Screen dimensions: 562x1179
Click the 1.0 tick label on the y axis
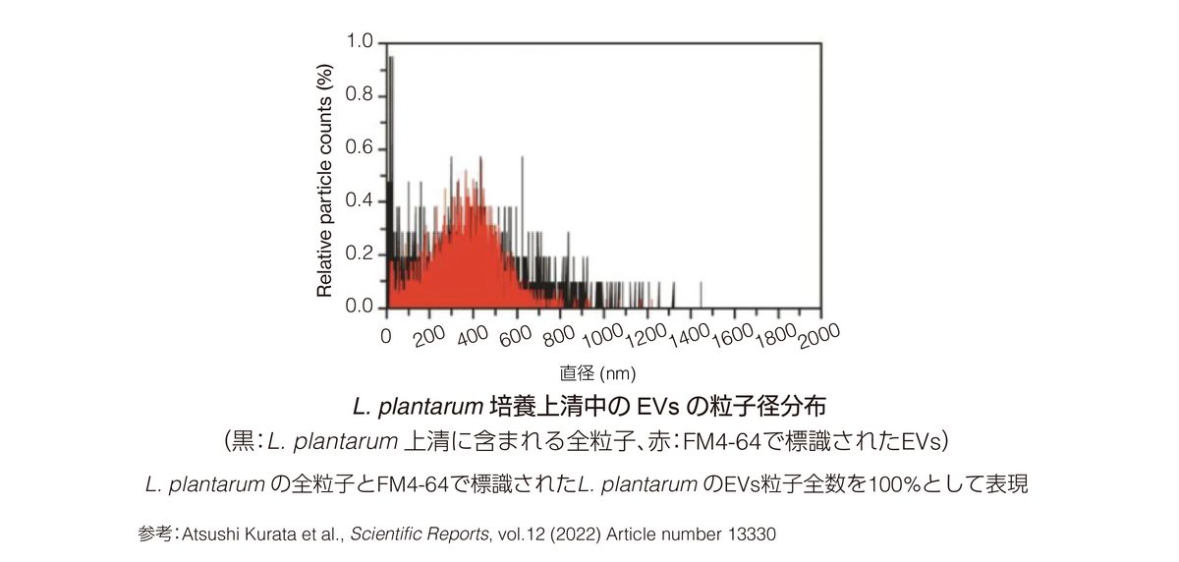click(361, 43)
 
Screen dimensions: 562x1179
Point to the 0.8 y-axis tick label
click(361, 96)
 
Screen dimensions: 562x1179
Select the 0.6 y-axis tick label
click(361, 149)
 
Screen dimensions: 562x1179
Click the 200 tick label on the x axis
click(429, 336)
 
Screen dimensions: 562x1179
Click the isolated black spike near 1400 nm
click(701, 294)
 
